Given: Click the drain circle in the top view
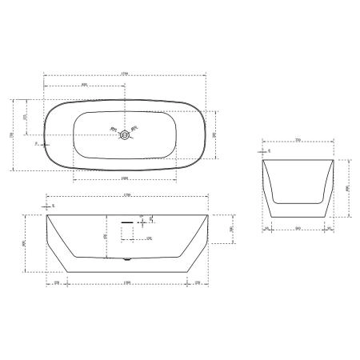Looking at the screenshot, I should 124,135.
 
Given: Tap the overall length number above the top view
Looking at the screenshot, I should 124,75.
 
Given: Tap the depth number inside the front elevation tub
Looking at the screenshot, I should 106,236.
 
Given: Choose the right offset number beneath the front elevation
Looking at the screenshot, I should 197,283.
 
